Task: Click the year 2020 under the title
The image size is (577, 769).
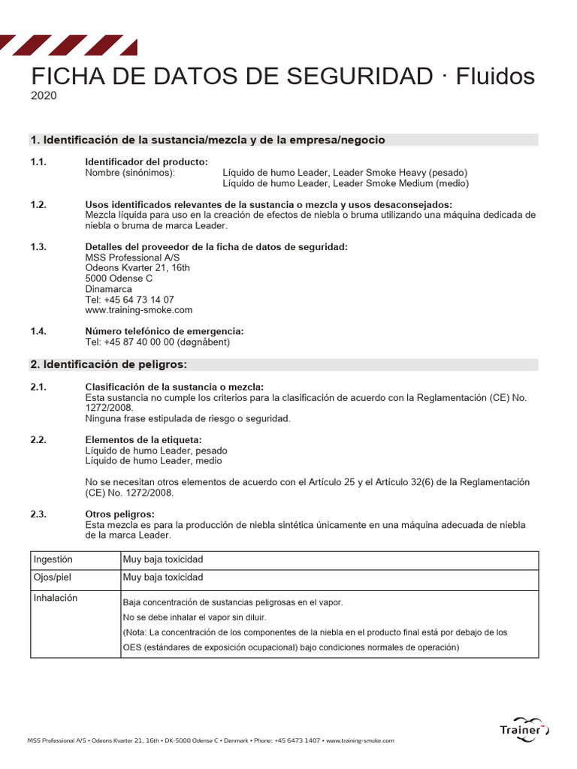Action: (x=43, y=95)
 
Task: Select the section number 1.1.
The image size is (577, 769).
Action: (x=38, y=161)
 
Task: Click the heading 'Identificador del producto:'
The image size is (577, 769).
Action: (x=147, y=161)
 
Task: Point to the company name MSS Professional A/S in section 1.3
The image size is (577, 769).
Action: (x=133, y=258)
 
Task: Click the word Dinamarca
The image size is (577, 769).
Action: (x=109, y=289)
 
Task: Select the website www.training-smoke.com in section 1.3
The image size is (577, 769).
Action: (x=139, y=309)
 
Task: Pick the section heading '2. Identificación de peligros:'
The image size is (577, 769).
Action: (x=108, y=364)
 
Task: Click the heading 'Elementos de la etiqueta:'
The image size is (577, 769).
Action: (x=143, y=439)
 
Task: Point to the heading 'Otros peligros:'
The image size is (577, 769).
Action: (x=119, y=514)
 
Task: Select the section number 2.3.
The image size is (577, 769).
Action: (x=38, y=514)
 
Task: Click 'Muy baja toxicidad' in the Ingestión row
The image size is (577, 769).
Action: (x=163, y=559)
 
